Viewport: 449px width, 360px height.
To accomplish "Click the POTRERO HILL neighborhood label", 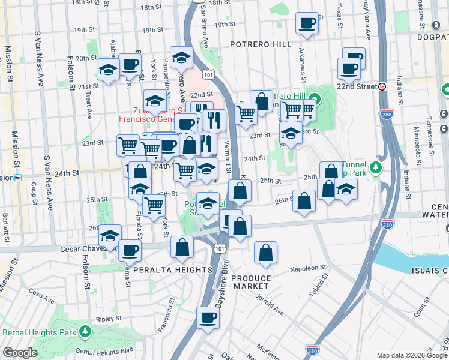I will tap(261, 44).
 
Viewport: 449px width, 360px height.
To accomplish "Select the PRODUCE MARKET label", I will tap(251, 282).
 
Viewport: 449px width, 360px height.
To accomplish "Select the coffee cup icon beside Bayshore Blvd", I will tap(208, 318).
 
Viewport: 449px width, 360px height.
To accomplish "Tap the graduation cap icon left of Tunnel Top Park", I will tap(346, 188).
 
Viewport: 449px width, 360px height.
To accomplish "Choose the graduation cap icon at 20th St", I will tap(108, 70).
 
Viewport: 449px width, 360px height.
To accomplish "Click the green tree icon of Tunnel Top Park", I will tap(376, 166).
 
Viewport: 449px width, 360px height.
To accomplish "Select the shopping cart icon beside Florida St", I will tap(154, 205).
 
